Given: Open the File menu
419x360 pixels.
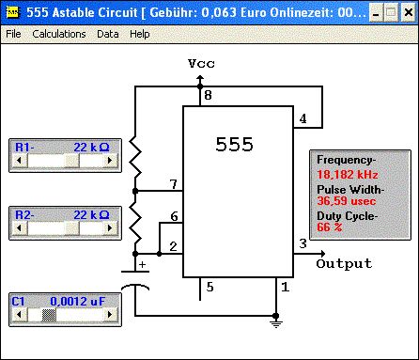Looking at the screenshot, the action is point(13,34).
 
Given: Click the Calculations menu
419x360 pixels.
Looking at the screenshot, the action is point(59,34).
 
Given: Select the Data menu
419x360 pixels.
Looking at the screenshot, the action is point(108,34).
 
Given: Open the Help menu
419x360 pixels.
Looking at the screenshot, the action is point(140,34).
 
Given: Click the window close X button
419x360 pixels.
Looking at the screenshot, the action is point(409,12).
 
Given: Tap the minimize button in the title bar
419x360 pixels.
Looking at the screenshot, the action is point(377,12).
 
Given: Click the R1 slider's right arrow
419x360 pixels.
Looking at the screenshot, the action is point(110,160).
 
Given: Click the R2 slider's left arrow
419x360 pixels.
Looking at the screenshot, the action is point(19,227).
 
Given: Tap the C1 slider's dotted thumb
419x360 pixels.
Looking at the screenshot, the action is point(49,314).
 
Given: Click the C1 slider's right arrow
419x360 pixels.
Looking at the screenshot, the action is point(110,314).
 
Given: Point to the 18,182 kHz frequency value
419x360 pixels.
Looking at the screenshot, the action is point(348,175).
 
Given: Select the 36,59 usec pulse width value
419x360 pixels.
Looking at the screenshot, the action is point(346,201).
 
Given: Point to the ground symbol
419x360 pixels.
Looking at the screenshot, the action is point(276,323).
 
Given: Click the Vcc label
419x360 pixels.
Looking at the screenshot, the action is point(201,64).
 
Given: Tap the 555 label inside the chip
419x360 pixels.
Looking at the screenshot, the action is point(234,145).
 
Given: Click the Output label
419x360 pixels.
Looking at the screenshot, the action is point(344,264).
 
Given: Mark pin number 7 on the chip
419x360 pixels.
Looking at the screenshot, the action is point(174,184).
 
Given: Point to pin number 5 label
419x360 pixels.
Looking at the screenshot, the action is point(210,287).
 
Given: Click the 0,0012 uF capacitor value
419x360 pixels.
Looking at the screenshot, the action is point(78,302).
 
